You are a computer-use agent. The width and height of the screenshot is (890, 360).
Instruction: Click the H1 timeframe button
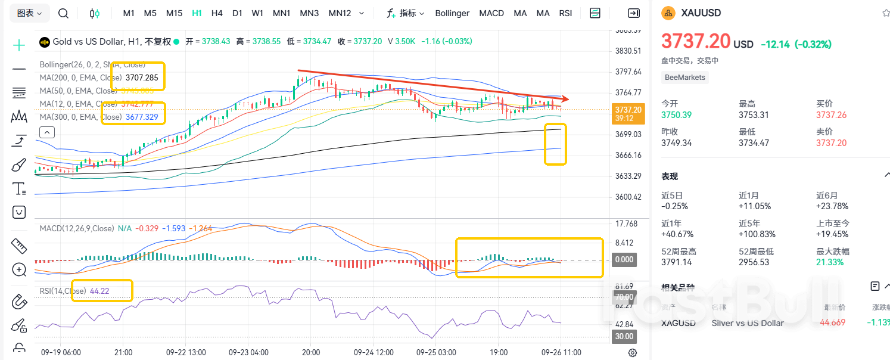coord(197,13)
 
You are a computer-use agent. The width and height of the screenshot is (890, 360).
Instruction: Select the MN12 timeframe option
coord(340,13)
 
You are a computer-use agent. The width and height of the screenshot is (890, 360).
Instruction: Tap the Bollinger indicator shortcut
coord(452,13)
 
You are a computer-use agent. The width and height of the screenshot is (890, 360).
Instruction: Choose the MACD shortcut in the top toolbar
coord(491,13)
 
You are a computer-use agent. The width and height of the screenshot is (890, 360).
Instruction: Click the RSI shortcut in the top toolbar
coord(565,13)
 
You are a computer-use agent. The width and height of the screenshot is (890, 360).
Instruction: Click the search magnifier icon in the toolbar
coord(63,13)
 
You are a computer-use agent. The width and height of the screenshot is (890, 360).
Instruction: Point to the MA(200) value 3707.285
coord(142,77)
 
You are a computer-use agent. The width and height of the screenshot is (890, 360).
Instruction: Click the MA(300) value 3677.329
coord(142,117)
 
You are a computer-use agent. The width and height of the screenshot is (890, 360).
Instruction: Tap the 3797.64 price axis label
coord(628,72)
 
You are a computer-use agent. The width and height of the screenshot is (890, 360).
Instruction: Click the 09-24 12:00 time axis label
coord(374,352)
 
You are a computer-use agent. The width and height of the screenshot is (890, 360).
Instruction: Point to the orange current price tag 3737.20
coord(628,110)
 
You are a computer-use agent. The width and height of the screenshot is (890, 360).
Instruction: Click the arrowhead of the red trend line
coord(565,99)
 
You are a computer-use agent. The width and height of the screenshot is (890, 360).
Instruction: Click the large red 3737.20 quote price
coord(696,42)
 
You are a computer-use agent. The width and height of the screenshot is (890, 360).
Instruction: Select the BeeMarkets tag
coord(684,77)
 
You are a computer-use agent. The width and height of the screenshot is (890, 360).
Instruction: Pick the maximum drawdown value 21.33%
coord(829,262)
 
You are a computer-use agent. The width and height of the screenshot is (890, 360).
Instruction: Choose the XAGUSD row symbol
coord(679,323)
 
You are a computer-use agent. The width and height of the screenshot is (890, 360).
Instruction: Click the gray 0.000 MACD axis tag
coord(624,260)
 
